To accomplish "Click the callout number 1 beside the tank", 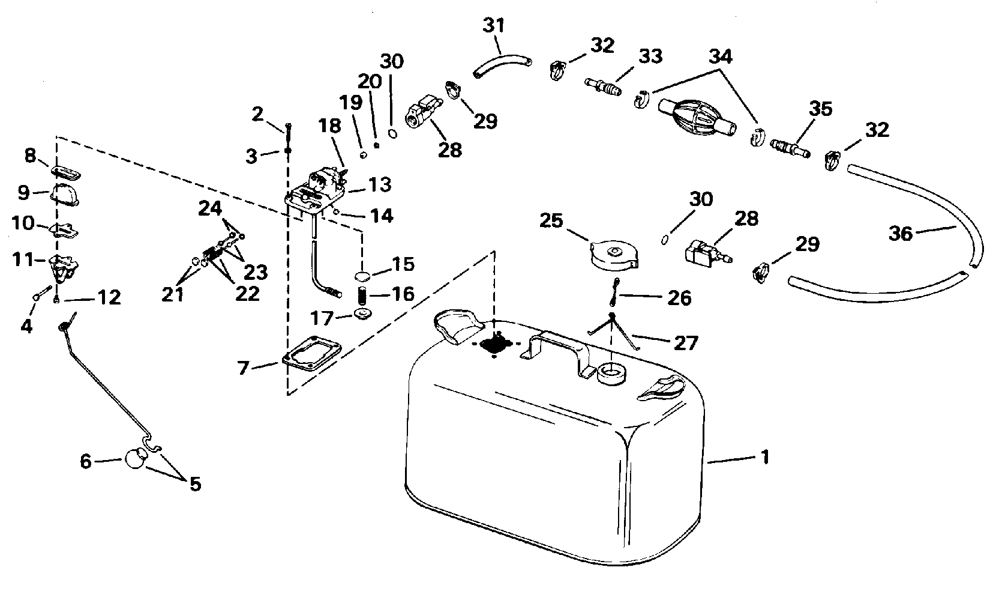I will tap(764, 458).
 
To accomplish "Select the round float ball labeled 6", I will tap(134, 459).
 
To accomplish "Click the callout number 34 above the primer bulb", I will tap(721, 57).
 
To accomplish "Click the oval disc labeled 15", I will tap(362, 276).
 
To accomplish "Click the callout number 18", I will tap(330, 126).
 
